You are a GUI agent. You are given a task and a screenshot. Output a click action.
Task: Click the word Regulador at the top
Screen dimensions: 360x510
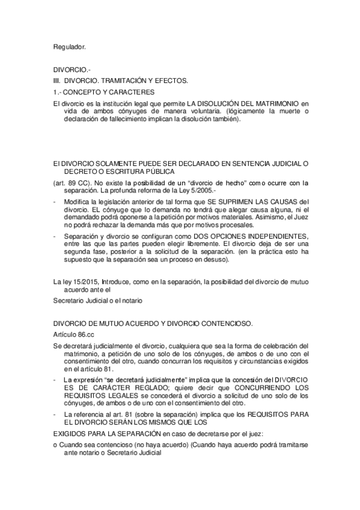coord(70,45)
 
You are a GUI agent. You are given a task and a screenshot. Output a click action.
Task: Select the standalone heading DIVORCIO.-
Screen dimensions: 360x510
coord(69,70)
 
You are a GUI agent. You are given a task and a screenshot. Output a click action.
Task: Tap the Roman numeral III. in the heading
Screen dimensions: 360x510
coord(57,81)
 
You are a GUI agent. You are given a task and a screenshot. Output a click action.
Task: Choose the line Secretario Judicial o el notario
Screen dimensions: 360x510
coord(98,300)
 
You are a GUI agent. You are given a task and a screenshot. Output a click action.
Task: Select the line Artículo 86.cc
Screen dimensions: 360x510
coord(75,334)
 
